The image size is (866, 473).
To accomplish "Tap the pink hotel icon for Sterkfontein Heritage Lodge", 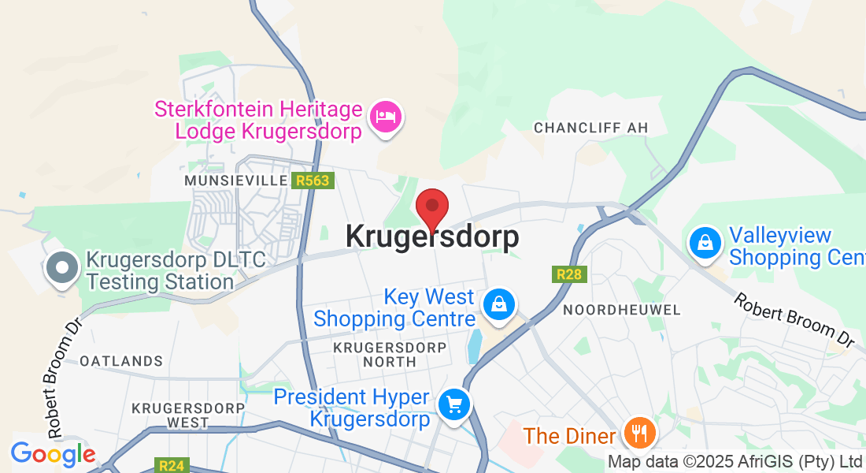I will (386, 117).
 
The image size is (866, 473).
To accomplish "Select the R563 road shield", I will (313, 181).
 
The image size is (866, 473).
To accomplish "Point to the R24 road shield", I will (171, 465).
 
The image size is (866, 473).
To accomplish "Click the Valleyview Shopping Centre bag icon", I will (706, 243).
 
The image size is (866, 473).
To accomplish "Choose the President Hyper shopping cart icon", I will (454, 405).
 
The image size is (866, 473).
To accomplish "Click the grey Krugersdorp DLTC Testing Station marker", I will (61, 268).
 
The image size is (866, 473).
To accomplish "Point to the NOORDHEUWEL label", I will (622, 310).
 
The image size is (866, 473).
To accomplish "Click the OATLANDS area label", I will (121, 361).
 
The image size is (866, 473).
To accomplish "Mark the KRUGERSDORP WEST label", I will (170, 415).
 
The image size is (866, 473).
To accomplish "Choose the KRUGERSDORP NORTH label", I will (390, 354).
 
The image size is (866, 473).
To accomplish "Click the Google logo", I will (53, 454).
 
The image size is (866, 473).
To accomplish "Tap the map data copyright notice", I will (735, 462).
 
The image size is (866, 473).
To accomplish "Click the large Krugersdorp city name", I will (432, 236).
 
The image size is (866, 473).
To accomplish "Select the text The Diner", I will (569, 436).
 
